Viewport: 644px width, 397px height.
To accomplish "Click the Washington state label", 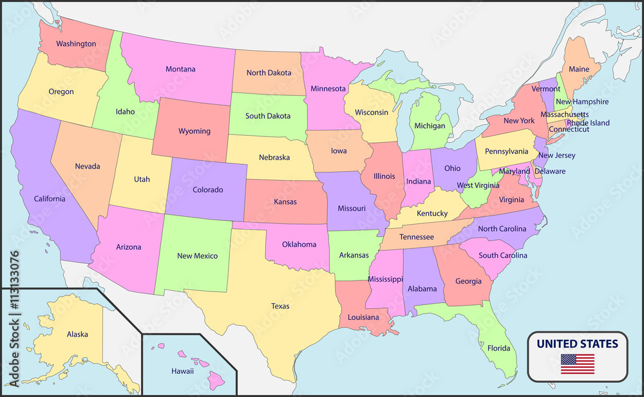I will [x=76, y=44].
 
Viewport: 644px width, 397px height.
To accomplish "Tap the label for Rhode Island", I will [x=588, y=123].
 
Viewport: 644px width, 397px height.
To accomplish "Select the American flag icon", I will [x=577, y=364].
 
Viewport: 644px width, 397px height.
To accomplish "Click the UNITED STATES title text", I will [x=577, y=344].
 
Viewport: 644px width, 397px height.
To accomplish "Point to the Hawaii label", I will [x=182, y=371].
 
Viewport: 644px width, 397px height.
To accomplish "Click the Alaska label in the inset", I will [x=77, y=334].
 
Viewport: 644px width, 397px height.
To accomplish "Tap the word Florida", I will [x=498, y=348].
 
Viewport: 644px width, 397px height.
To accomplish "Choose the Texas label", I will [x=280, y=306].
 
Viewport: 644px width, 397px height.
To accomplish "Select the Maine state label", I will [x=579, y=69].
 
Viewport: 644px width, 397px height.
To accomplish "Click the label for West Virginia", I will [x=478, y=185].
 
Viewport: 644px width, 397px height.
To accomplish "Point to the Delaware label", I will [x=549, y=171].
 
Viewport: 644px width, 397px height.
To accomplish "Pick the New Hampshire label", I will [x=582, y=102].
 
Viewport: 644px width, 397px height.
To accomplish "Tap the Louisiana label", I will [x=363, y=317].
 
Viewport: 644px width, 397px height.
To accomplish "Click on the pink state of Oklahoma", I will [x=299, y=245].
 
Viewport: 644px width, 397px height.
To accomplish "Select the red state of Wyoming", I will [x=194, y=131].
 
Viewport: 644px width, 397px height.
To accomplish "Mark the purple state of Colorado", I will [x=208, y=190].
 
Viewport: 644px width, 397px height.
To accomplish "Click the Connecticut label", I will [x=569, y=129].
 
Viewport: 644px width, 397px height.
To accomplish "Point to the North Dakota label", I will [x=269, y=73].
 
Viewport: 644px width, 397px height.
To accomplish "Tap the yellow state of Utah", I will [x=142, y=179].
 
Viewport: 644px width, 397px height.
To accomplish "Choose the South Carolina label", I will [x=503, y=255].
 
